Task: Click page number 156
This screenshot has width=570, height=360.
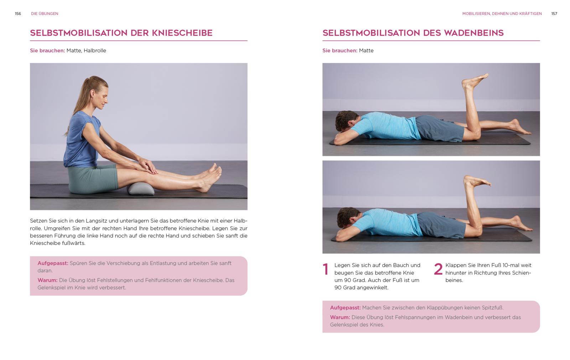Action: pos(18,14)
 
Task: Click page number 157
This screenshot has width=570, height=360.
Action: pos(554,14)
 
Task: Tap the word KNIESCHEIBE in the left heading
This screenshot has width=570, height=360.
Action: pos(182,33)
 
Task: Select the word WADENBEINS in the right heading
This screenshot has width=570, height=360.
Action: pos(474,33)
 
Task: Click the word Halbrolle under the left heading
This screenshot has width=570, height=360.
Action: pos(95,50)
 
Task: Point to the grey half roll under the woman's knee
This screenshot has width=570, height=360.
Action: pos(141,189)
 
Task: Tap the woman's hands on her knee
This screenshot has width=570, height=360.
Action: pos(146,166)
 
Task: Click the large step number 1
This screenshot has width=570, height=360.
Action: pos(326,269)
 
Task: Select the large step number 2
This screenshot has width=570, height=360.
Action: pos(438,269)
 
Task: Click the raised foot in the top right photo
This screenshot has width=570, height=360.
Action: pos(475,81)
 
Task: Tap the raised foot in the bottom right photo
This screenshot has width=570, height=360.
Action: pos(477,181)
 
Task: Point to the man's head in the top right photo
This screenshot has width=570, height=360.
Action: pos(347,120)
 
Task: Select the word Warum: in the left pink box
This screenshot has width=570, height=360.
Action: pos(47,280)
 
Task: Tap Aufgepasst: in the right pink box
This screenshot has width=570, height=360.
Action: pos(345,308)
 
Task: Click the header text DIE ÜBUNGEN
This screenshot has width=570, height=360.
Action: pos(45,14)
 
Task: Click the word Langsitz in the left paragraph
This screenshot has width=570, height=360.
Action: pos(96,221)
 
